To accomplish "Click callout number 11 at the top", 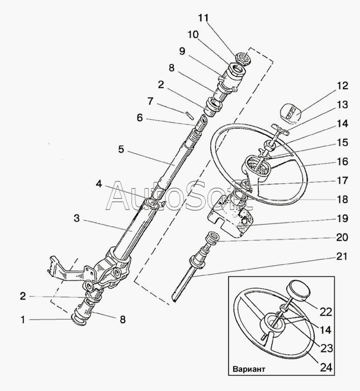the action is (x=203, y=18).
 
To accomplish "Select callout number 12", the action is (x=343, y=85).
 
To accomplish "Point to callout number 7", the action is (x=150, y=101).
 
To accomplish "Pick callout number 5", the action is (x=121, y=149).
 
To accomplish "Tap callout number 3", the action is (x=77, y=218).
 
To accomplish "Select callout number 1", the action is (x=23, y=320).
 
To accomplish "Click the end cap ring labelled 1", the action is (x=78, y=320).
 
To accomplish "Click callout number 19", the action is (x=343, y=218).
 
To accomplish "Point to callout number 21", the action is (x=342, y=256).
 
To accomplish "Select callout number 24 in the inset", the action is (x=326, y=367).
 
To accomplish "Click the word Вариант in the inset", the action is (x=249, y=369).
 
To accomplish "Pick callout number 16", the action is (x=343, y=161).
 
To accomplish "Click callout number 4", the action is (x=99, y=184).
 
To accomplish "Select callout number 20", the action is (x=342, y=237).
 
